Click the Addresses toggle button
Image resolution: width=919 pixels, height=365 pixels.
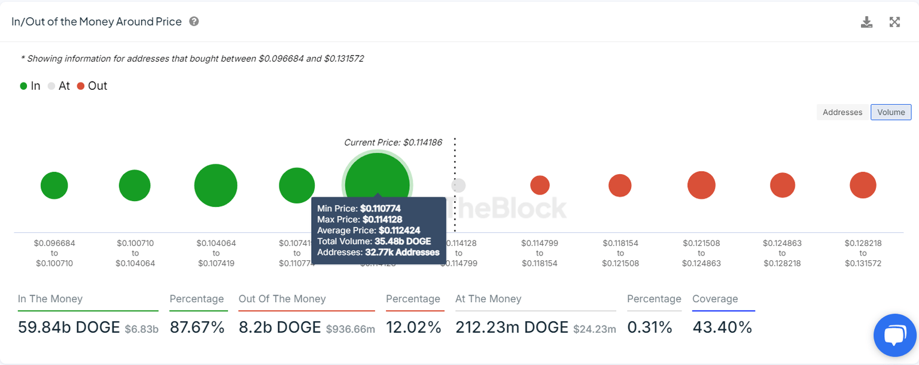[842, 112]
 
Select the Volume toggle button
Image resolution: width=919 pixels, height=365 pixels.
[891, 112]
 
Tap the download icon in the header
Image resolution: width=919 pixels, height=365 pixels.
[866, 22]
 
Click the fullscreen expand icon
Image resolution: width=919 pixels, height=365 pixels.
[894, 22]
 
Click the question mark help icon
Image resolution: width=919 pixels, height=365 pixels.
[194, 22]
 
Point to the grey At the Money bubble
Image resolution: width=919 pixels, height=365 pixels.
[458, 185]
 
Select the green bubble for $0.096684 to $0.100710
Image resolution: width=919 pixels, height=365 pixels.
[54, 185]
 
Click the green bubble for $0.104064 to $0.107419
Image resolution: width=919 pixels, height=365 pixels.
[215, 185]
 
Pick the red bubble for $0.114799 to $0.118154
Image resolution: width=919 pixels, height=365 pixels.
[540, 185]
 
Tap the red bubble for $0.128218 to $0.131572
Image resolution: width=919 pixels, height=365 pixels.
[863, 185]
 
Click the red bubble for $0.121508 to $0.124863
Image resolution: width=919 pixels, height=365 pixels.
[701, 185]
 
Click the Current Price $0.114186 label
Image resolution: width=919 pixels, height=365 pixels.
[393, 142]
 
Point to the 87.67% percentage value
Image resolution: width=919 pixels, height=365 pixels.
[197, 327]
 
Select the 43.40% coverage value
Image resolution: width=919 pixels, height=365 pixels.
[722, 327]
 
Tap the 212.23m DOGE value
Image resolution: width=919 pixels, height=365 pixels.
[512, 327]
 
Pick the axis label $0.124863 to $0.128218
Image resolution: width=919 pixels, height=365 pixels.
[782, 253]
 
